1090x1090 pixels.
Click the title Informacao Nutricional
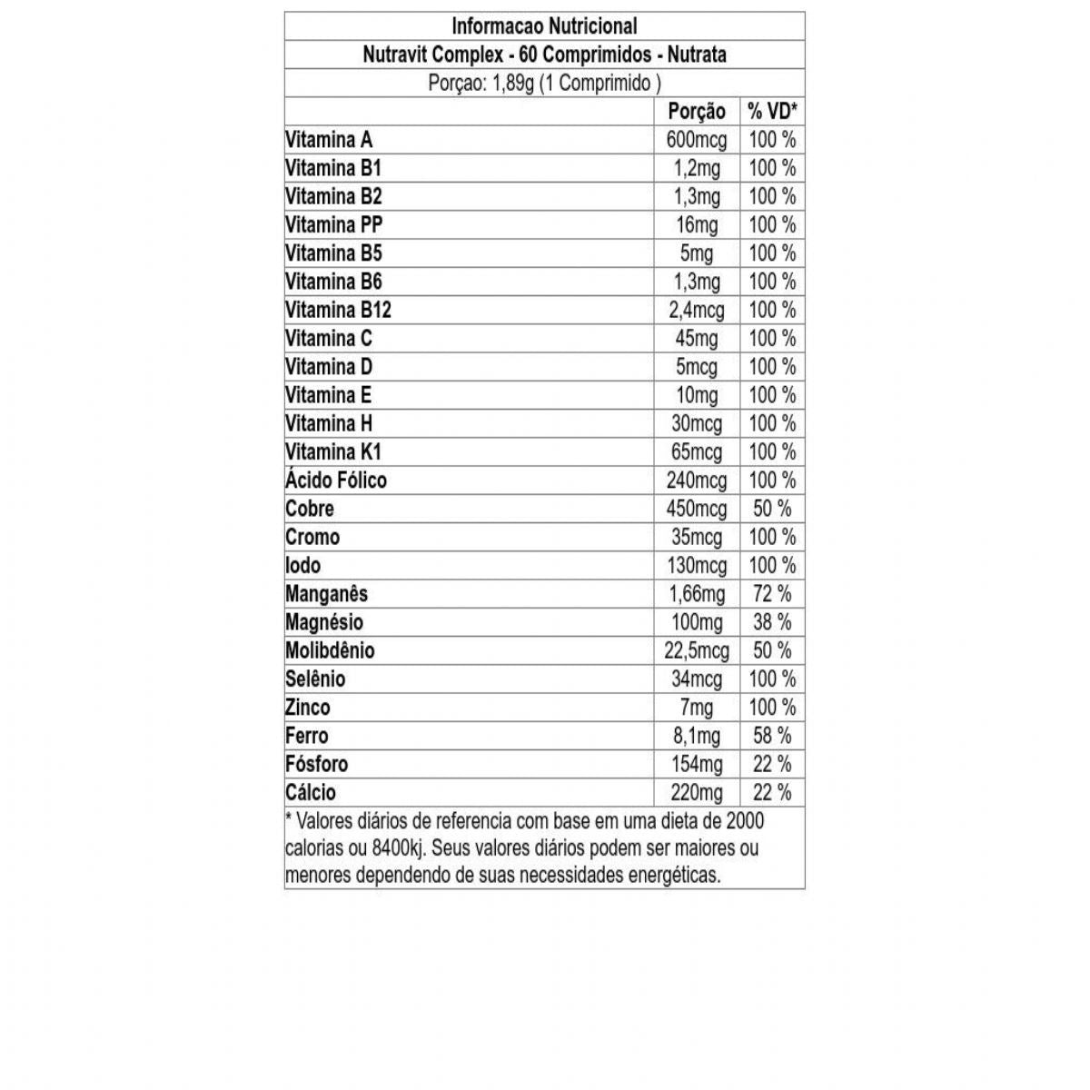(544, 26)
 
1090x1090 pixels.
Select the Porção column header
(697, 112)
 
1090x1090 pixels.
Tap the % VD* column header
(772, 112)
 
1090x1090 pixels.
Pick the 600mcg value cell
(697, 140)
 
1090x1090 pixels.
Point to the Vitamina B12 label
(338, 310)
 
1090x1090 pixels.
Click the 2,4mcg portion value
(697, 310)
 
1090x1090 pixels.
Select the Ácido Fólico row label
(336, 480)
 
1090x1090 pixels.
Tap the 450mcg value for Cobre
(697, 509)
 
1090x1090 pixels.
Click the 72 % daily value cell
(772, 594)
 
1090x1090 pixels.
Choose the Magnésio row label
(324, 622)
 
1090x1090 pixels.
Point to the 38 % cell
(772, 622)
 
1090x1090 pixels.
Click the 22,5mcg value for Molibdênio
(697, 650)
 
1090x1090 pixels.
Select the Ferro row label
(307, 736)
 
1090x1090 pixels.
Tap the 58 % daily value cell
(772, 736)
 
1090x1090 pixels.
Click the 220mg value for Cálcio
(697, 792)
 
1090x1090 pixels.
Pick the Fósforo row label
(316, 764)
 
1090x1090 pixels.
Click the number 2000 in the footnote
(744, 821)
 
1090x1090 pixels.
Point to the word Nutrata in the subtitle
(697, 54)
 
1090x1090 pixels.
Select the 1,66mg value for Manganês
(697, 594)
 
